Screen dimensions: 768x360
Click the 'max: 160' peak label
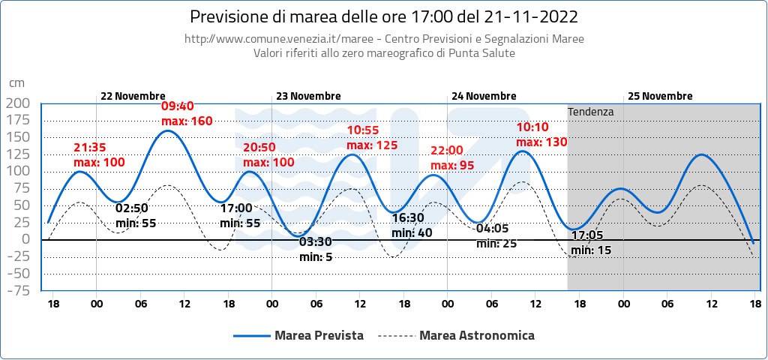pyautogui.click(x=187, y=121)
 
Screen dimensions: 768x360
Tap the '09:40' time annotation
pyautogui.click(x=177, y=106)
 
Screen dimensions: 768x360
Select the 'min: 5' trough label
pyautogui.click(x=316, y=256)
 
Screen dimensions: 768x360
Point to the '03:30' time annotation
pyautogui.click(x=316, y=241)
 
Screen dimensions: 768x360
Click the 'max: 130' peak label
pyautogui.click(x=541, y=142)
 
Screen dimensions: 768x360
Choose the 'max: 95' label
pyautogui.click(x=452, y=166)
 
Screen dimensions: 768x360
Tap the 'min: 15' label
pyautogui.click(x=591, y=250)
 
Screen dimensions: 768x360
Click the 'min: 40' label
pyautogui.click(x=412, y=232)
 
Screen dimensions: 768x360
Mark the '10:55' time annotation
pyautogui.click(x=363, y=130)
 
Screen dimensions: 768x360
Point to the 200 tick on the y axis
pyautogui.click(x=18, y=103)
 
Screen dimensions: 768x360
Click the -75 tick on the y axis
pyautogui.click(x=18, y=292)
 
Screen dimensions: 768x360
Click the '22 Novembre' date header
pyautogui.click(x=133, y=96)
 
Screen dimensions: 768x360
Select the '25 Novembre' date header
pyautogui.click(x=660, y=96)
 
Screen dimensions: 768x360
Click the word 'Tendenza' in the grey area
pyautogui.click(x=591, y=112)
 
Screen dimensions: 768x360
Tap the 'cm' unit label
pyautogui.click(x=16, y=83)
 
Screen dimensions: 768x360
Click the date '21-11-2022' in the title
pyautogui.click(x=532, y=17)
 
